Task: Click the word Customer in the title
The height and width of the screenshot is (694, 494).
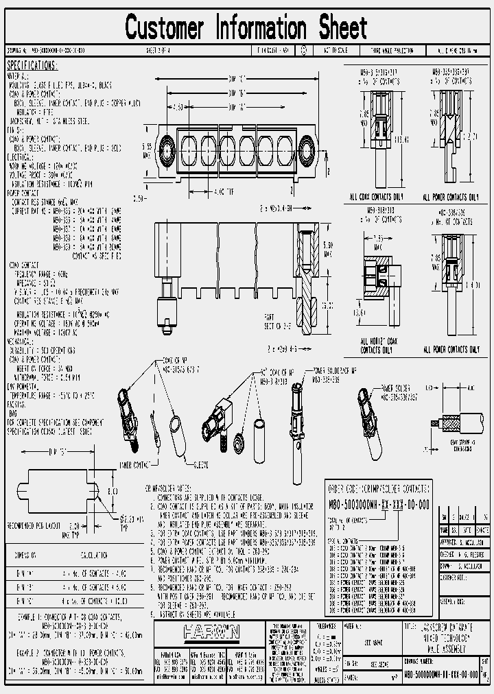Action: pyautogui.click(x=165, y=28)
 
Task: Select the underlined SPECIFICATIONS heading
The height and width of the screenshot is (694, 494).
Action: pyautogui.click(x=32, y=65)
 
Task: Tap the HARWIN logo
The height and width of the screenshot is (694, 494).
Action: pyautogui.click(x=211, y=633)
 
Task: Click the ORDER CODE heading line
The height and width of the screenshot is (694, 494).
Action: pyautogui.click(x=379, y=489)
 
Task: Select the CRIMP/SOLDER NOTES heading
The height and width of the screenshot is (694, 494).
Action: pyautogui.click(x=169, y=488)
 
